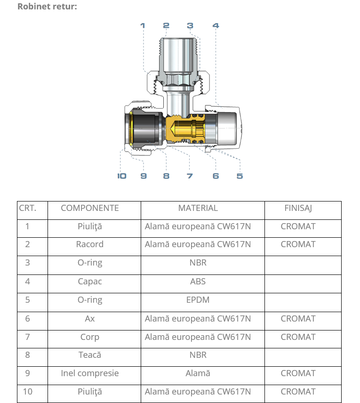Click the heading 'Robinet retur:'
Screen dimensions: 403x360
[47, 7]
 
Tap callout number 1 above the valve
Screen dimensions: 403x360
[143, 25]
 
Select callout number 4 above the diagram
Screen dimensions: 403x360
[216, 25]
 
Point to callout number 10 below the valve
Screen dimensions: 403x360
[122, 176]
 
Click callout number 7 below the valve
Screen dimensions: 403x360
[190, 176]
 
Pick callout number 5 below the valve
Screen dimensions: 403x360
[240, 176]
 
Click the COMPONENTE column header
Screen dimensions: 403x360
[90, 208]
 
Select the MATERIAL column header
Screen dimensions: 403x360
[198, 208]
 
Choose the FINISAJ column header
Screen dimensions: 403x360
[298, 208]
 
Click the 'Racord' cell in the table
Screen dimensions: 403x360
[90, 244]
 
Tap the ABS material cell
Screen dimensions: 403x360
[198, 282]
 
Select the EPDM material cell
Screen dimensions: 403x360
[198, 300]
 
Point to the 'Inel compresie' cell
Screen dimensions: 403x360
[90, 373]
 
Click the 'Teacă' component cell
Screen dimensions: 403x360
[90, 355]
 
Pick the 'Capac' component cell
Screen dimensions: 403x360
[90, 282]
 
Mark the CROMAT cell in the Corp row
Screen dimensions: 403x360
[298, 337]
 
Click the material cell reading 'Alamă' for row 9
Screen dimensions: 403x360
[198, 373]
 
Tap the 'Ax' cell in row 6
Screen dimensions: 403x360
[90, 319]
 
